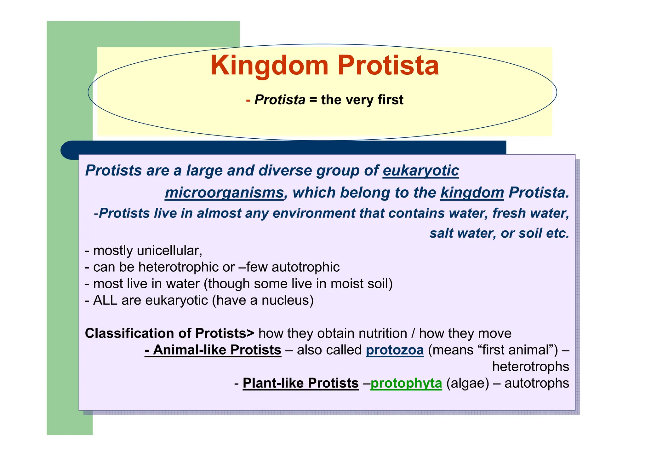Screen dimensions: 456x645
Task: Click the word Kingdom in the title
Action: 269,66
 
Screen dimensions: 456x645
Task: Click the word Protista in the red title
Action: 388,66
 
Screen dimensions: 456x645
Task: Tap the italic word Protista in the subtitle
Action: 280,100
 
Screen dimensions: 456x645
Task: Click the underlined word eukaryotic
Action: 421,170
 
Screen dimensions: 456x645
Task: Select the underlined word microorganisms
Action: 224,193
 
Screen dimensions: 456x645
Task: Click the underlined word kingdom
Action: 472,193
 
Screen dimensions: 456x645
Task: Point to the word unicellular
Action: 169,251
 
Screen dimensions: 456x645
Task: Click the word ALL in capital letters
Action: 105,300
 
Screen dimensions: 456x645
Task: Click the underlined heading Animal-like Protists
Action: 213,350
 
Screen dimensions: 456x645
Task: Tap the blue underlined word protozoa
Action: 395,350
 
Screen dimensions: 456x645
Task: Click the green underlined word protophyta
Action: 406,383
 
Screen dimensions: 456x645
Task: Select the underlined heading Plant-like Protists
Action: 300,383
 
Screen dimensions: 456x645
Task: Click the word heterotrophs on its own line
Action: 530,367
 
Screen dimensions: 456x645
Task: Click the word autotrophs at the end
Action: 537,383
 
